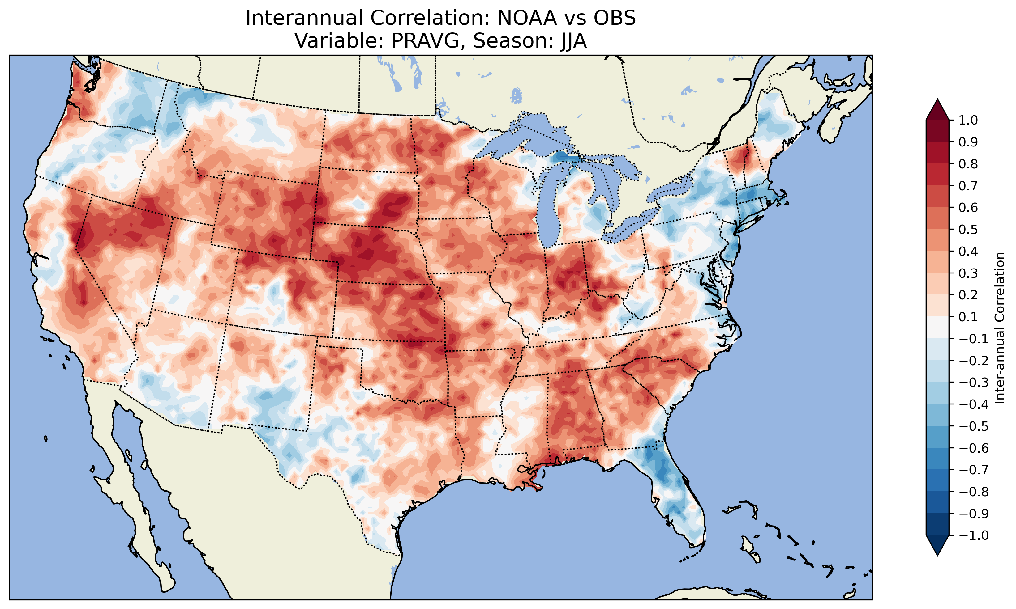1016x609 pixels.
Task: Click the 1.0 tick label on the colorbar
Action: [x=968, y=120]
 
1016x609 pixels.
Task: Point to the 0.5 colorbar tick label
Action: [x=968, y=229]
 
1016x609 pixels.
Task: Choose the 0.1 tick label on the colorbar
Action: [x=968, y=317]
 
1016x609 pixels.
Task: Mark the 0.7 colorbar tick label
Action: [x=968, y=186]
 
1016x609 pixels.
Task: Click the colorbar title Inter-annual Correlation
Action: [x=1000, y=328]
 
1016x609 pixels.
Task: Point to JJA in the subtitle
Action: [x=572, y=40]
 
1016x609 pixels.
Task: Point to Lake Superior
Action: [x=534, y=135]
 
